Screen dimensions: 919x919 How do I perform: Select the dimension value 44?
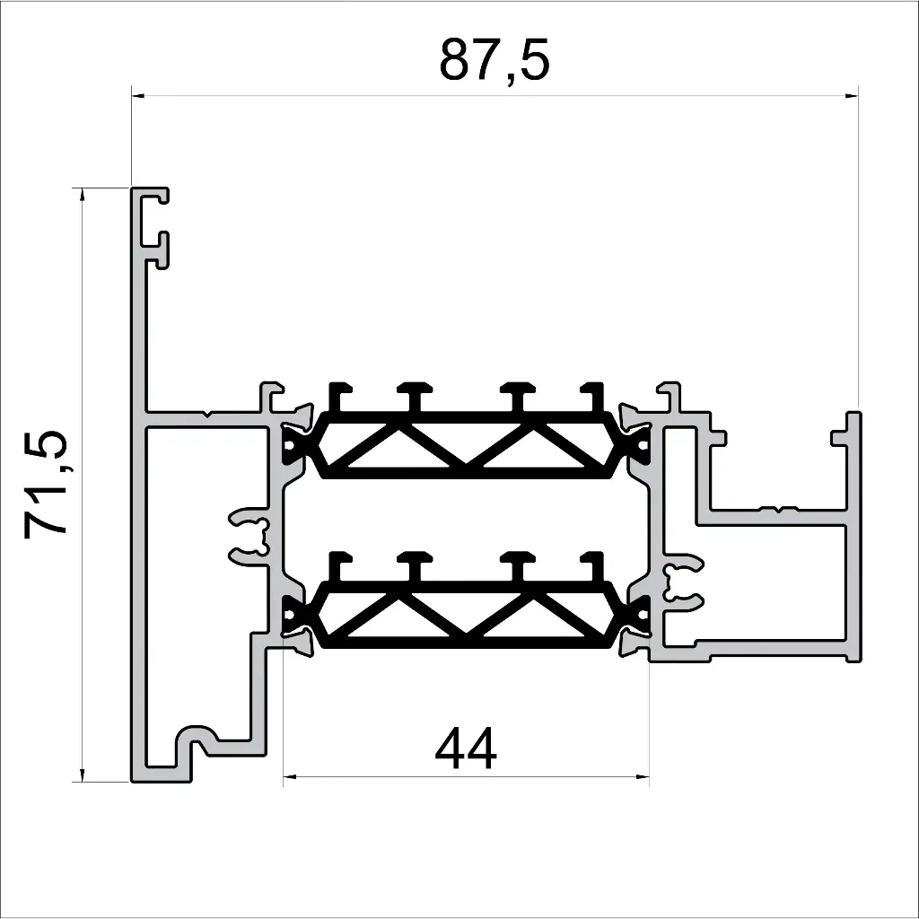pyautogui.click(x=465, y=749)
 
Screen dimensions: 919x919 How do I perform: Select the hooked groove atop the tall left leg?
pyautogui.click(x=156, y=228)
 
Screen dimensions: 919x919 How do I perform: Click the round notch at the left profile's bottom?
pyautogui.click(x=197, y=738)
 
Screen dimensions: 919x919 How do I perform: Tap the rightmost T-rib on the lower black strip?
pyautogui.click(x=591, y=565)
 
